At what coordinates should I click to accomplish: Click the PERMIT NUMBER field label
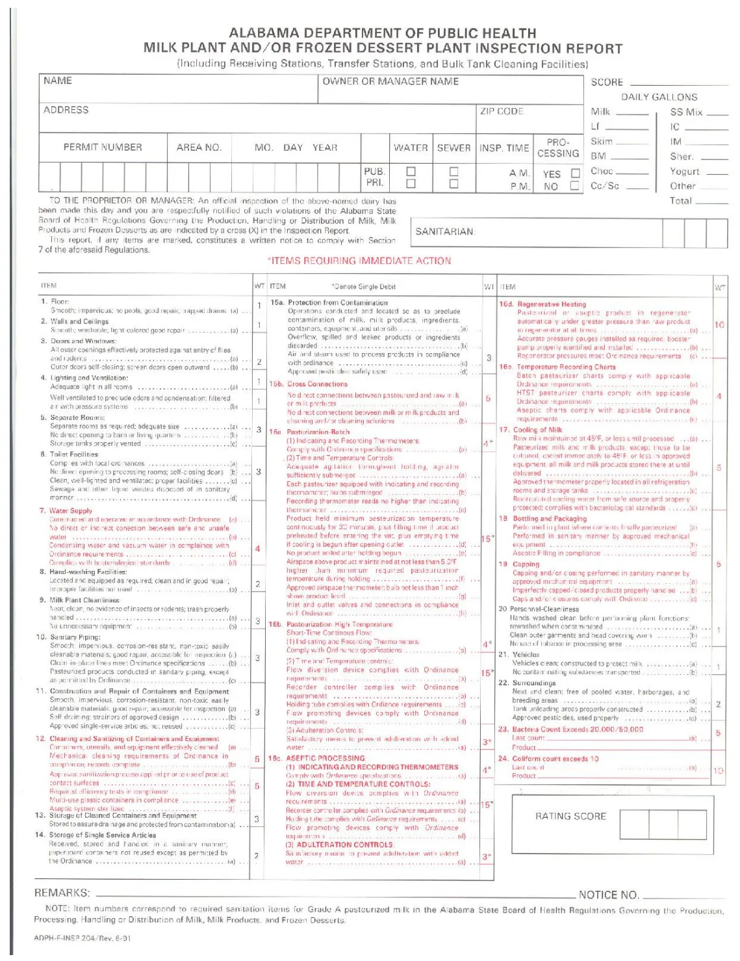(x=103, y=148)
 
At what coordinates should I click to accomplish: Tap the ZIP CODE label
(x=502, y=111)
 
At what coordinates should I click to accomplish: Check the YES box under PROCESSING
(x=575, y=174)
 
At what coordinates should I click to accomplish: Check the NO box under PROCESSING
(x=574, y=186)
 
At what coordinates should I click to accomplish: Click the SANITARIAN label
(x=445, y=231)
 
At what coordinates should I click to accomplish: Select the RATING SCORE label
(x=570, y=816)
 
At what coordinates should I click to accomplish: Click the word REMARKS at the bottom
(x=62, y=893)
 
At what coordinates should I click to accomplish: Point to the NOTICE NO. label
(x=609, y=895)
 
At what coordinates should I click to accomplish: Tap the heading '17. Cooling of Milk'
(x=530, y=430)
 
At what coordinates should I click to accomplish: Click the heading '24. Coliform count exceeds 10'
(x=548, y=759)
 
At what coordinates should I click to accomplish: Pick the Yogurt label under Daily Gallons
(x=685, y=172)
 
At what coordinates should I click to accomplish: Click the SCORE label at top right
(x=607, y=83)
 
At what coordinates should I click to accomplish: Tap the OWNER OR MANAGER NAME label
(x=390, y=81)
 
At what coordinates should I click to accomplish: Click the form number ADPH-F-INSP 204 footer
(x=83, y=938)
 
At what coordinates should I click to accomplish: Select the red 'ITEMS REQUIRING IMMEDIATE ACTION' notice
(x=359, y=261)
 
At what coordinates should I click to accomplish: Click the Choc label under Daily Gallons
(x=602, y=172)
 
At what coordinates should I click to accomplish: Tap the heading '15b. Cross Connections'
(x=309, y=384)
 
